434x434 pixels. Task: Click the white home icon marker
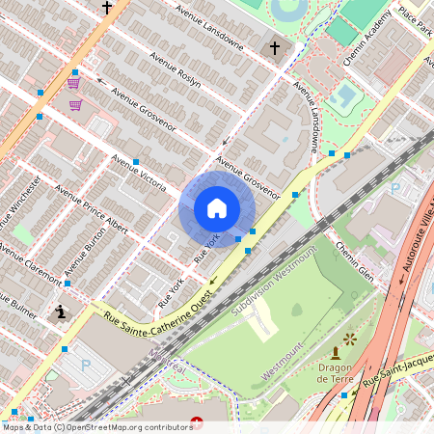(217, 208)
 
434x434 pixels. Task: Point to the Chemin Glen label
(354, 256)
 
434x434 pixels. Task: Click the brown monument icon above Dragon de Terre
(335, 353)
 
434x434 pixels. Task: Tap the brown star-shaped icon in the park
(349, 339)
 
